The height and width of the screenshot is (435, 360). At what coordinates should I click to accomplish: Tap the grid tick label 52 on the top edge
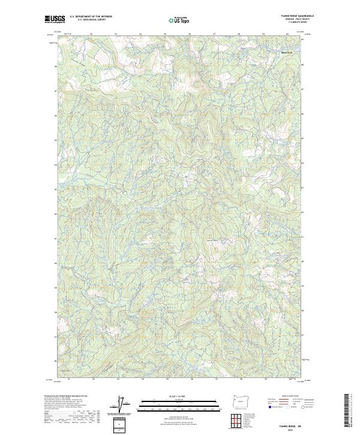tap(91, 34)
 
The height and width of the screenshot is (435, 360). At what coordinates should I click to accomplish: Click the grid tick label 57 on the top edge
tap(214, 34)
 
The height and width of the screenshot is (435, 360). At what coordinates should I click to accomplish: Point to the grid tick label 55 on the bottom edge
tap(165, 379)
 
